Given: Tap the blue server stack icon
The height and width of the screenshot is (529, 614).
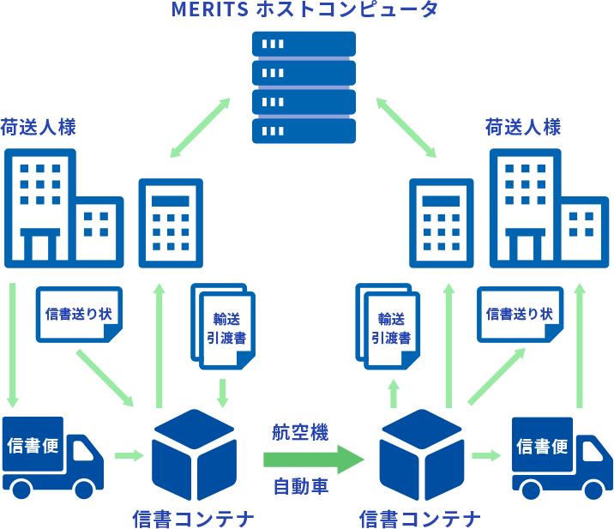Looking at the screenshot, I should [304, 87].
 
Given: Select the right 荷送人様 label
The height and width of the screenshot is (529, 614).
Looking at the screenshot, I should [523, 128].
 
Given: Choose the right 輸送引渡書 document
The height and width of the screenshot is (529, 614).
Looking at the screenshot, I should [390, 328].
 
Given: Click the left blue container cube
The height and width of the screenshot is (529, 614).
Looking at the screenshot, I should [193, 454].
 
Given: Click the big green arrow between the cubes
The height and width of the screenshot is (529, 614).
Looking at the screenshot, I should [314, 459].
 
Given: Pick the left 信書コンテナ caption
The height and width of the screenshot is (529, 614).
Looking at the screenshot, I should [193, 518].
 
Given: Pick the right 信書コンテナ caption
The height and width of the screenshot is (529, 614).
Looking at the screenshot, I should [420, 518].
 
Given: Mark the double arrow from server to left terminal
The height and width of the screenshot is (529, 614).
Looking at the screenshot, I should [201, 128].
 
